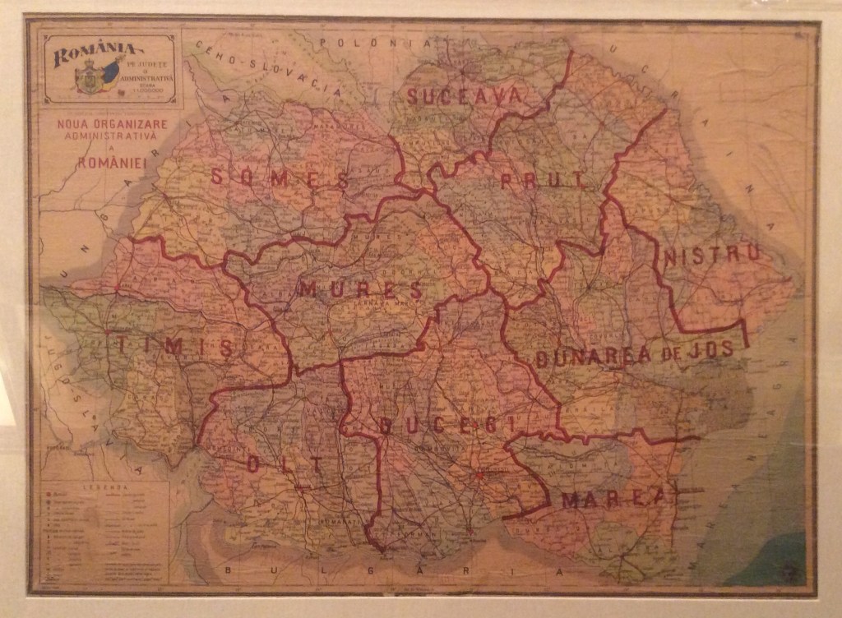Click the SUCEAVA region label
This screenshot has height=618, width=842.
point(464,96)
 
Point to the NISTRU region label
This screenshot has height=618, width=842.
point(712,256)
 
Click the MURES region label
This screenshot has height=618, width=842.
point(361,289)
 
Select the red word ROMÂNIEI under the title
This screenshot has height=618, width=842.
point(111,163)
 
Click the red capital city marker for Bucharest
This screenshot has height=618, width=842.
point(479,474)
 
